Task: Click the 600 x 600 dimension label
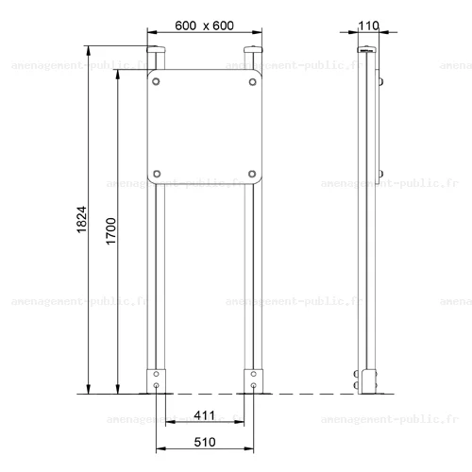coord(204,25)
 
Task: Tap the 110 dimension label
coord(368,25)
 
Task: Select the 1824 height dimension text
coord(82,219)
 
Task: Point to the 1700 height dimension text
coord(111,231)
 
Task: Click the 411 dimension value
coord(205,415)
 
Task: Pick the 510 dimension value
coord(205,442)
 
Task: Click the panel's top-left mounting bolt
coord(156,81)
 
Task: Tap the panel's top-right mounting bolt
coord(252,82)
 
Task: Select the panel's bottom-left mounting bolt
coord(157,174)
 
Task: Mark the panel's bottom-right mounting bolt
coord(252,174)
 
